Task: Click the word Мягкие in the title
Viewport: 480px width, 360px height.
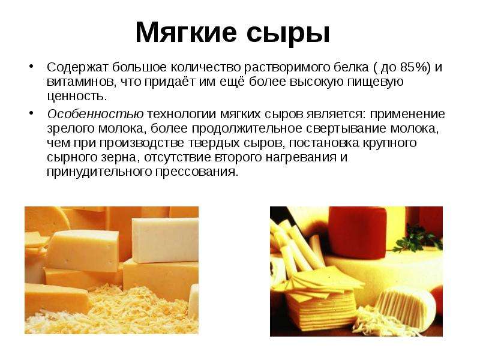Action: coord(186,32)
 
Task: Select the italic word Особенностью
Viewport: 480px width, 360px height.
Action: coord(95,115)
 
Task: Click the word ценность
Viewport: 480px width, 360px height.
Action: coord(77,97)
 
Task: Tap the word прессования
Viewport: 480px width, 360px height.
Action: coord(196,172)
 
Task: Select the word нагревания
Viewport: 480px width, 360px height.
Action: coord(301,158)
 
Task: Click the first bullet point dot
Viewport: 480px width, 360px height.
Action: coord(31,67)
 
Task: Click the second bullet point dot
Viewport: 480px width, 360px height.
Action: coord(31,113)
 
